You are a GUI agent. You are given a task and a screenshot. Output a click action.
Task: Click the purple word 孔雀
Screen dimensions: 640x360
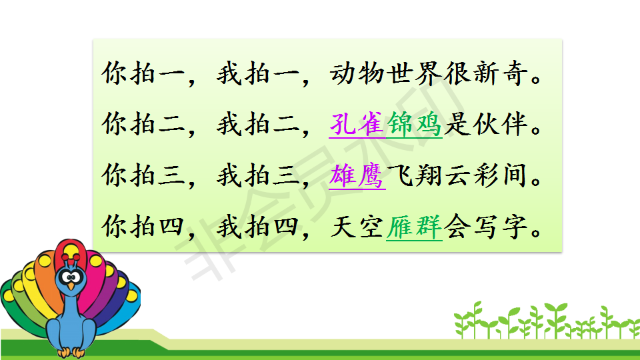click(357, 124)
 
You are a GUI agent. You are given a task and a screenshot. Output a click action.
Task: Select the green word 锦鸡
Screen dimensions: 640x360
click(414, 124)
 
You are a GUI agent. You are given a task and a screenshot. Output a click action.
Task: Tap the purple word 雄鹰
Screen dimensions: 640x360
click(357, 175)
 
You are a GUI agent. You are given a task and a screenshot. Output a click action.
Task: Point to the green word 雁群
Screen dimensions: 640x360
click(414, 227)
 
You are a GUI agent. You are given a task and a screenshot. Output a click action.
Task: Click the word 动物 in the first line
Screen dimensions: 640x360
click(357, 73)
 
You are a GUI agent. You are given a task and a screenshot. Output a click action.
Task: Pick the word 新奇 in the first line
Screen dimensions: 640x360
click(500, 73)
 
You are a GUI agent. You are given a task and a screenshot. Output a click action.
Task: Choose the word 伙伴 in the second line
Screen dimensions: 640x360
click(500, 124)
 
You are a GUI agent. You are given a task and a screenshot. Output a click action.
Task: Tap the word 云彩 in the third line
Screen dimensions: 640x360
click(471, 175)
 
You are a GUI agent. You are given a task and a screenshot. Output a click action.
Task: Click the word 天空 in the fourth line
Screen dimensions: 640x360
click(357, 227)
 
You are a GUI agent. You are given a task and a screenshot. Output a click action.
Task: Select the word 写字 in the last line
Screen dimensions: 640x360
click(500, 227)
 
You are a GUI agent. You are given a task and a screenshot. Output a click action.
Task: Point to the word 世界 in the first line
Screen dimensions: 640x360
click(414, 73)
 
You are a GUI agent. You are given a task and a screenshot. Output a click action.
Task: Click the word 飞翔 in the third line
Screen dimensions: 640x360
click(414, 175)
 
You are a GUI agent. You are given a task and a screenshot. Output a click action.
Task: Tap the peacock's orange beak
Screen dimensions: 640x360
click(71, 286)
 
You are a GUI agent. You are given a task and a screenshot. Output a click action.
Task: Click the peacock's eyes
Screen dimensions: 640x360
click(71, 278)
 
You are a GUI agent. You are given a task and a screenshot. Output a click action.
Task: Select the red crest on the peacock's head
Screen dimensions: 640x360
click(71, 257)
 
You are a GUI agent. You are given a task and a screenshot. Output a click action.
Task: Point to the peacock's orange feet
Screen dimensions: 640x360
click(71, 352)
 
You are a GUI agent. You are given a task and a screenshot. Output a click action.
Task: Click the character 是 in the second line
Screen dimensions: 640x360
click(457, 124)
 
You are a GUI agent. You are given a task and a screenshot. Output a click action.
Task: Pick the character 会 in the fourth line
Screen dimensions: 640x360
click(457, 227)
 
